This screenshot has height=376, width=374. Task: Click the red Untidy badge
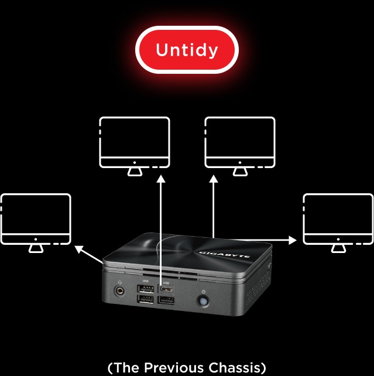187,50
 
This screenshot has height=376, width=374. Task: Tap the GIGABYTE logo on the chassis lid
225,254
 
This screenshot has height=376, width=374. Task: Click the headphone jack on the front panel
120,291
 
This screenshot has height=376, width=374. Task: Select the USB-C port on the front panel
166,289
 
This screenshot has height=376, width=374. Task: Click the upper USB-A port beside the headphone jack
146,289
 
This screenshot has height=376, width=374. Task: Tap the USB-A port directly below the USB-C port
166,300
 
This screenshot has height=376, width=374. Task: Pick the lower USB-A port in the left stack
145,299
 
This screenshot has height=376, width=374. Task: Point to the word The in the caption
127,367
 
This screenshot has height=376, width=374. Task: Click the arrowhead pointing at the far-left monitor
79,249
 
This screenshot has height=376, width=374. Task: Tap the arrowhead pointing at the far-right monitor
293,240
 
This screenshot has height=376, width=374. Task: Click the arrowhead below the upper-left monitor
161,179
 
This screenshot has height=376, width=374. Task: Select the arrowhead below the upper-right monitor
214,179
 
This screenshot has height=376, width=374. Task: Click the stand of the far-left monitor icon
36,249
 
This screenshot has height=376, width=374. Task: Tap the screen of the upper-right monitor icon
240,138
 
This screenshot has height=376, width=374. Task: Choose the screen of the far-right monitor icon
338,214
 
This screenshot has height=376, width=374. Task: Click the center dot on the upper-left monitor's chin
135,163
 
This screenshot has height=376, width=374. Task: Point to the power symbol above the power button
204,292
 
